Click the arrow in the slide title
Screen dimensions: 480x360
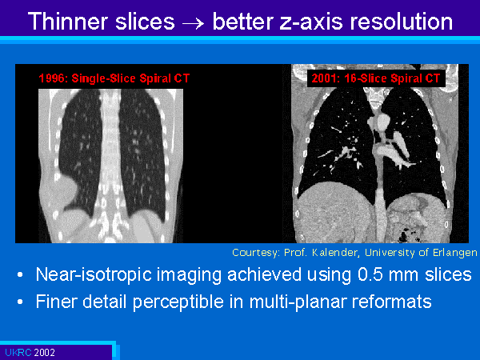pyautogui.click(x=193, y=23)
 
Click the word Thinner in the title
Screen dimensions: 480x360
pyautogui.click(x=68, y=22)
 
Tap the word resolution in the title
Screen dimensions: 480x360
pyautogui.click(x=401, y=22)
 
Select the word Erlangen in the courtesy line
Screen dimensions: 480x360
pyautogui.click(x=454, y=253)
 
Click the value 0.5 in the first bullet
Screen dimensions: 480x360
pyautogui.click(x=370, y=274)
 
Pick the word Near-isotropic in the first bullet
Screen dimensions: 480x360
pyautogui.click(x=94, y=275)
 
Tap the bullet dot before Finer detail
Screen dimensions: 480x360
pyautogui.click(x=20, y=302)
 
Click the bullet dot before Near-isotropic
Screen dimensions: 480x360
pyautogui.click(x=20, y=274)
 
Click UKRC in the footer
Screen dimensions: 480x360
pyautogui.click(x=18, y=353)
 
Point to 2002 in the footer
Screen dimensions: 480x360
pyautogui.click(x=44, y=353)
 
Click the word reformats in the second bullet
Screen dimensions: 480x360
pyautogui.click(x=391, y=302)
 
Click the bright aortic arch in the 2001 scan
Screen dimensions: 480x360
pyautogui.click(x=382, y=122)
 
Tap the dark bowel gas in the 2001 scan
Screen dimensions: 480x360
pyautogui.click(x=406, y=234)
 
